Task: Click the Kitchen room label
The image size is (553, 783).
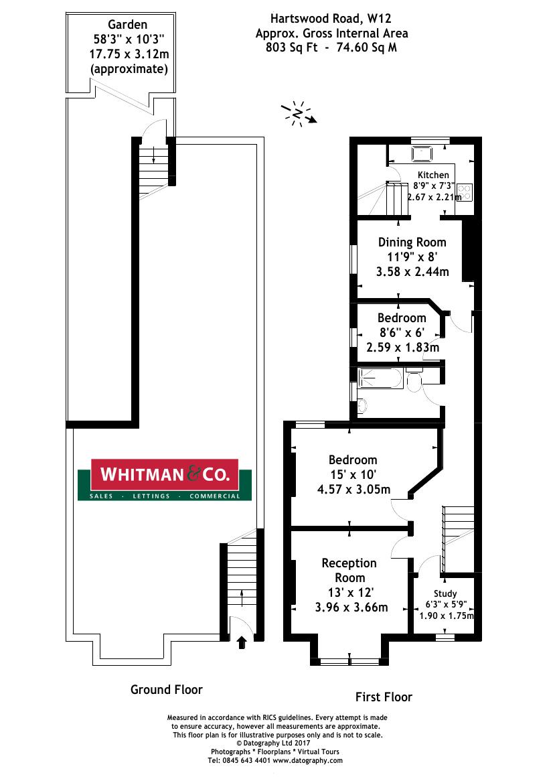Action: [433, 175]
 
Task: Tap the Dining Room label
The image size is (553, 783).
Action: [412, 242]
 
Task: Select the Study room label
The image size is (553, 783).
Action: [445, 593]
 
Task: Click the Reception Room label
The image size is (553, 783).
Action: [349, 570]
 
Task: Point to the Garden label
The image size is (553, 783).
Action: [121, 25]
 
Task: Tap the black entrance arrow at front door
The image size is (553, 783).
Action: [242, 642]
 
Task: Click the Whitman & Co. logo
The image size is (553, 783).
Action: [165, 480]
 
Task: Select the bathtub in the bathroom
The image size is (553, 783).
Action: [380, 379]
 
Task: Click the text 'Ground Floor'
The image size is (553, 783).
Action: [166, 689]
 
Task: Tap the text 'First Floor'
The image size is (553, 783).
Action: [384, 697]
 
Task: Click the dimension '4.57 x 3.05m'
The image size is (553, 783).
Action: [353, 490]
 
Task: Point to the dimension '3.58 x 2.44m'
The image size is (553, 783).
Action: [412, 272]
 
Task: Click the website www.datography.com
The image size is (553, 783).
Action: [307, 760]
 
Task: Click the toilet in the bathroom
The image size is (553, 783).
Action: [413, 382]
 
